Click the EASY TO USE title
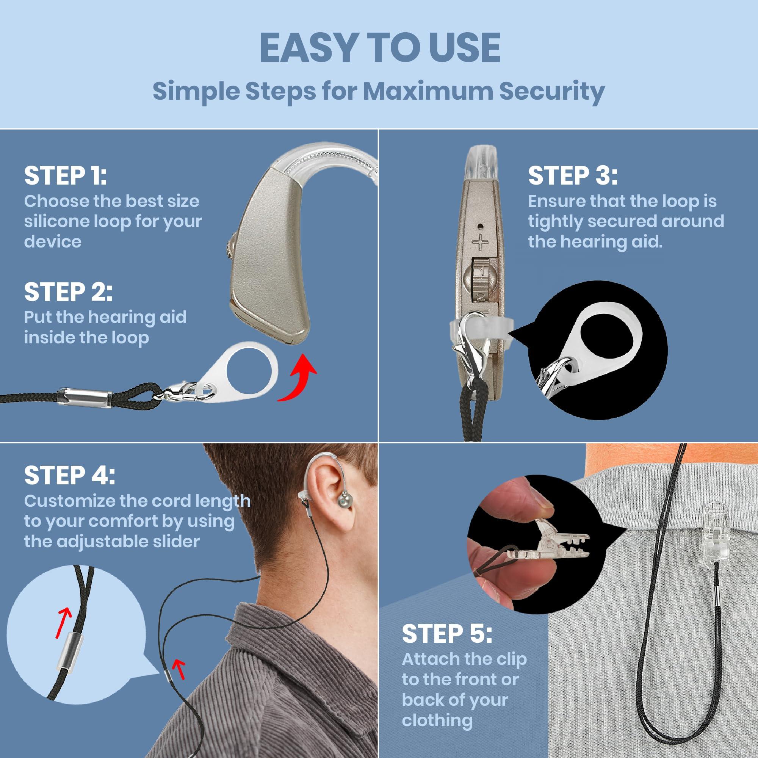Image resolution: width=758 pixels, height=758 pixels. [x=380, y=48]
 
